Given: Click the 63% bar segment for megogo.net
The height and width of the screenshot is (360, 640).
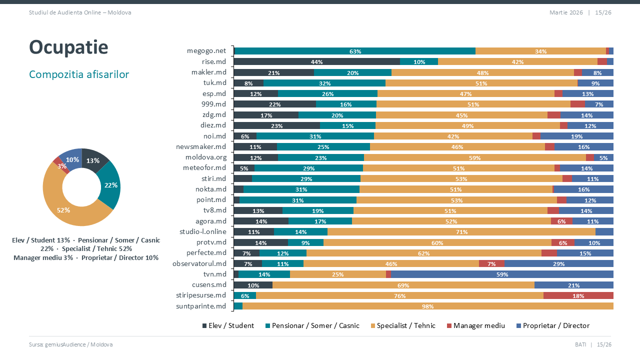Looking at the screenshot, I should tap(354, 51).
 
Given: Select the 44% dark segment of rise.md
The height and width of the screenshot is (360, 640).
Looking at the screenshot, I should tap(316, 61).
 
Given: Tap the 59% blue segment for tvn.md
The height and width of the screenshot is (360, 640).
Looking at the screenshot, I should tap(501, 274).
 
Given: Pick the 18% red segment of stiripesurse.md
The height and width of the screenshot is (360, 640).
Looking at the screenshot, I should tap(578, 295).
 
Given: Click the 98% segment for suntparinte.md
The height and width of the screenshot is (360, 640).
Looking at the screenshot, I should tap(427, 306).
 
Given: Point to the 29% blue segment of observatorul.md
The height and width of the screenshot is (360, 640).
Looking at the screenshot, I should tap(558, 263).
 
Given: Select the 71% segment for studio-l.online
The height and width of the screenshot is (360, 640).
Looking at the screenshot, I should tap(461, 231).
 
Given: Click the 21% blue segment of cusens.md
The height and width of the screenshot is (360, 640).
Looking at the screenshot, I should tap(573, 285).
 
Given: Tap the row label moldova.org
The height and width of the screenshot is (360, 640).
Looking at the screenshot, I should tap(205, 157).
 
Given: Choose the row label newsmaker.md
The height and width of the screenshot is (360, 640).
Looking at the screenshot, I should tap(201, 146).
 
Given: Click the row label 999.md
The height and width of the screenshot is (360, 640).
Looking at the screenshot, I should tap(213, 104).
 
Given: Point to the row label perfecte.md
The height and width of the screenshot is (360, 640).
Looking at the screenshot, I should tap(206, 252).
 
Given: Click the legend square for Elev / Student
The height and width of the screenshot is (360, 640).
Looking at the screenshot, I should tap(204, 326).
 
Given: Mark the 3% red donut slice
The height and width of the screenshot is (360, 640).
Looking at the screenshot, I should tap(60, 164).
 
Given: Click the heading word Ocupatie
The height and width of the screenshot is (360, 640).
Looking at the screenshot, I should tap(68, 47).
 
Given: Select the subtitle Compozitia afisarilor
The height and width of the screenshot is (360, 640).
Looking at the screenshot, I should tap(79, 74).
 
